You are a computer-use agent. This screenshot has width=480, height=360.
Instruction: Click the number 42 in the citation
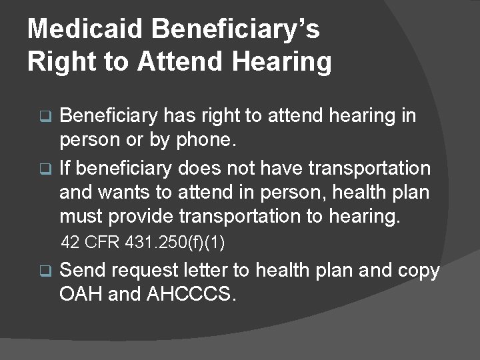click(71, 243)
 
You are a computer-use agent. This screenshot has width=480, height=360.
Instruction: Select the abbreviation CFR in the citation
click(103, 243)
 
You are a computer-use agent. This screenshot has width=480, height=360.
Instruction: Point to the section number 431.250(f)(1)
click(175, 243)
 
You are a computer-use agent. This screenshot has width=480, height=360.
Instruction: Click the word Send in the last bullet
click(83, 271)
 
